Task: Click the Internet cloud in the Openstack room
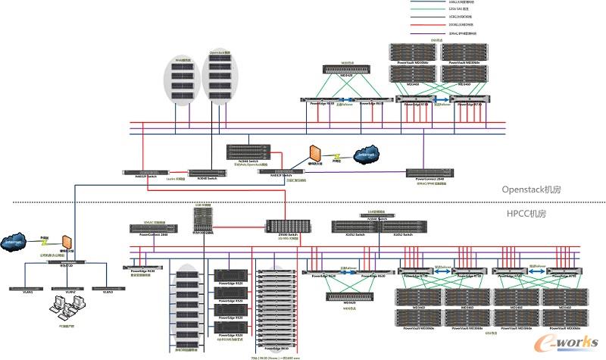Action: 366,155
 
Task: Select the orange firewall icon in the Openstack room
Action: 312,153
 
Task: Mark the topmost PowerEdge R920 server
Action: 228,275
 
